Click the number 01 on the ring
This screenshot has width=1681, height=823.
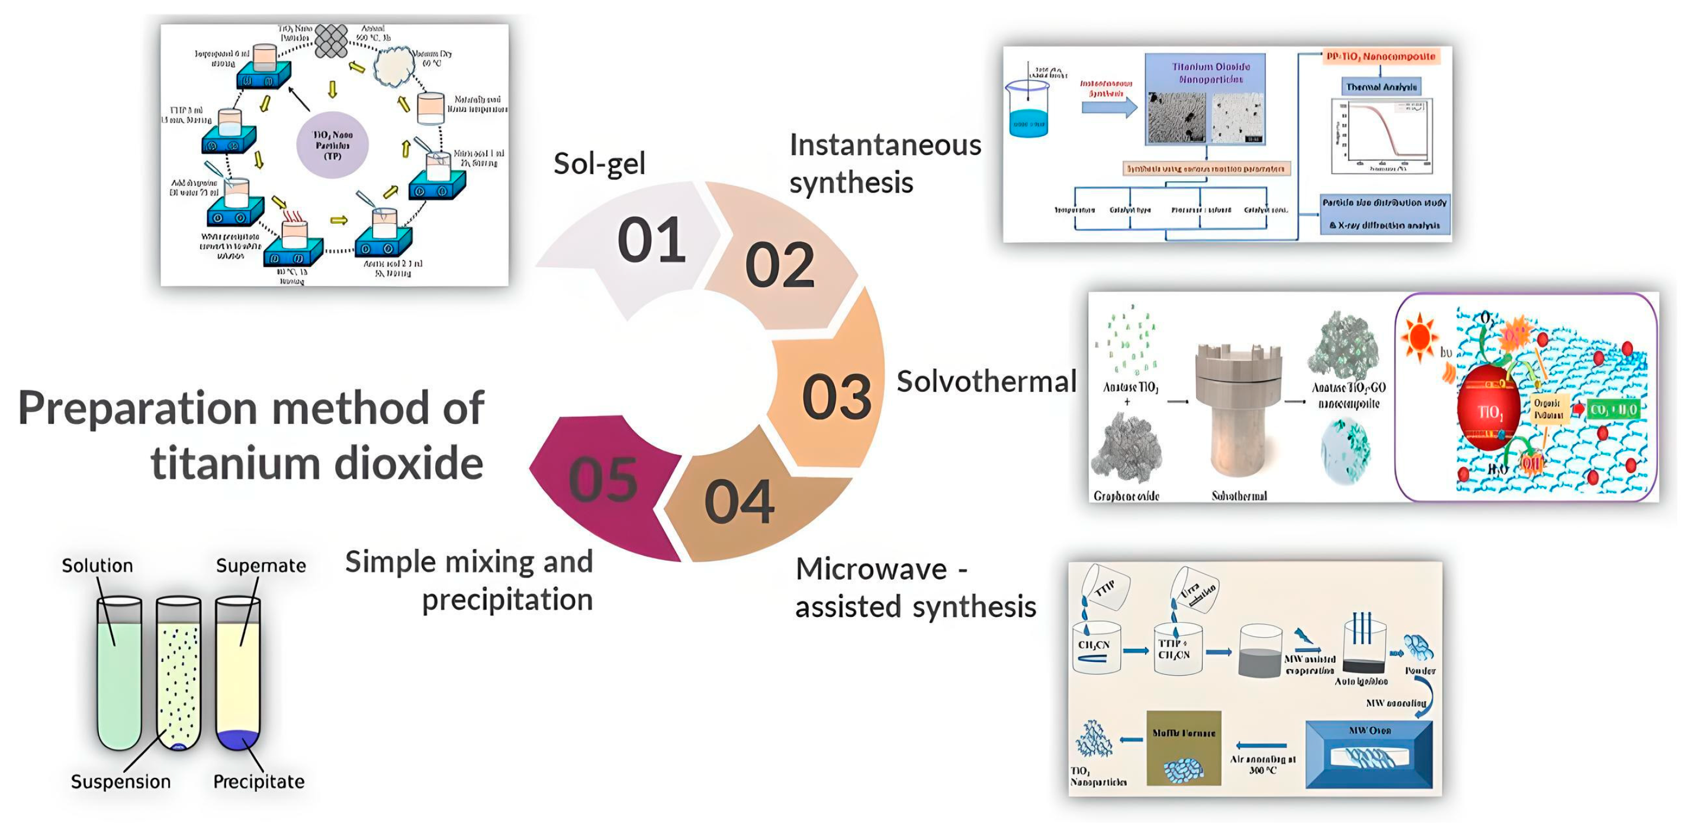point(651,240)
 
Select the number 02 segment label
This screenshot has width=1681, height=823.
point(779,265)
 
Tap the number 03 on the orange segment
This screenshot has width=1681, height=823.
point(836,397)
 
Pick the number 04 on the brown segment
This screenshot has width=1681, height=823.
point(739,501)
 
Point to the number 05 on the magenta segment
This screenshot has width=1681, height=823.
point(602,480)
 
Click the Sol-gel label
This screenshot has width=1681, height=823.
point(599,163)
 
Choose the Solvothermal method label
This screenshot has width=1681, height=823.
point(986,382)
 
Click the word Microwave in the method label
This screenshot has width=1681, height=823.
point(871,569)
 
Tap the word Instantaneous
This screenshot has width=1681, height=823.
point(885,145)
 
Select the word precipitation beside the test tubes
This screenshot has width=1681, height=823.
point(507,600)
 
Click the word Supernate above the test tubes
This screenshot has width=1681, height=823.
point(261,565)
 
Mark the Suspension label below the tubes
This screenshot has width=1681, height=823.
point(121,781)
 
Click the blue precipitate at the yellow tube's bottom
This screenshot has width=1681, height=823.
point(237,740)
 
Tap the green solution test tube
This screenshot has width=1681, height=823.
point(119,679)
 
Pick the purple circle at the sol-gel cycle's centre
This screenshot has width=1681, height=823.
point(332,145)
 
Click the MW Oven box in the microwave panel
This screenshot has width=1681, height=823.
point(1368,754)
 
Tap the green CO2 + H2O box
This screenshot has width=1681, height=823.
point(1612,410)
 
